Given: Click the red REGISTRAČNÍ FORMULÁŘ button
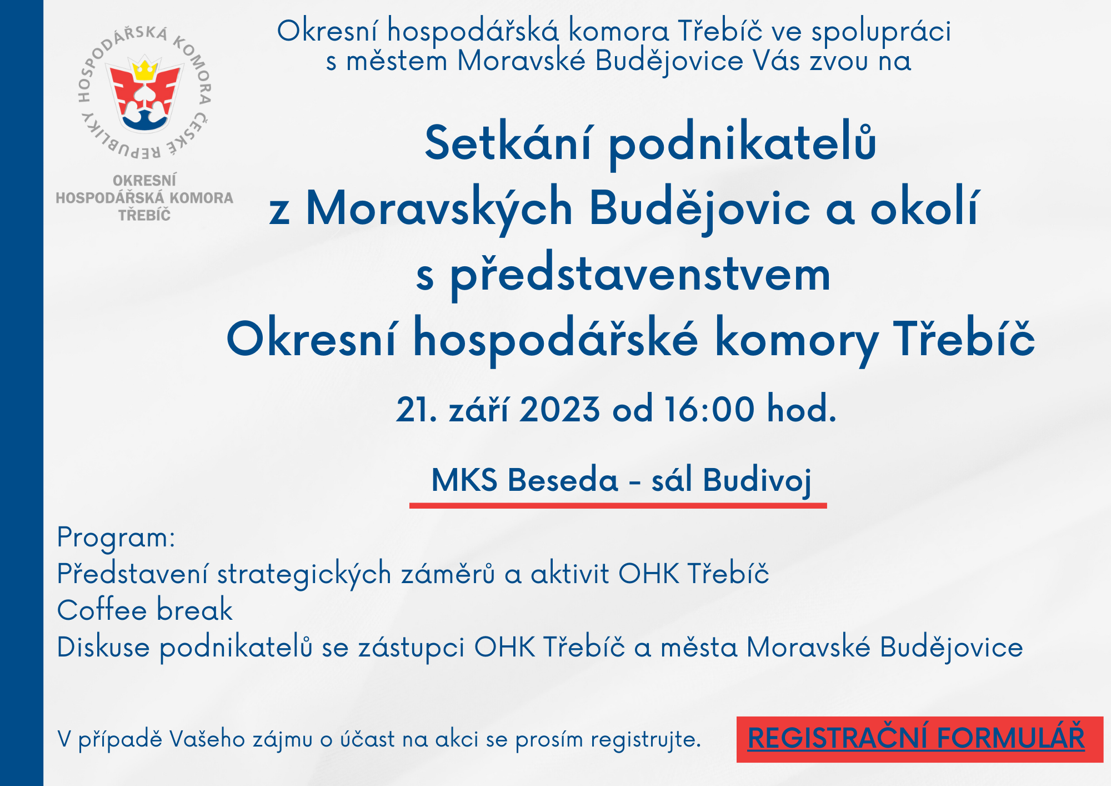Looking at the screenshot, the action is coord(919,739).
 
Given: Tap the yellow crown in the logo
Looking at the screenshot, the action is coord(145,71).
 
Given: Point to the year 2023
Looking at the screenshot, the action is coord(560,410).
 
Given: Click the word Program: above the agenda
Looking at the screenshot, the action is coord(116,538).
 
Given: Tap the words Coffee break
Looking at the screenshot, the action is coord(145,610).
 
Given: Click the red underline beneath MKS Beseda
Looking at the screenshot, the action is coord(618,506).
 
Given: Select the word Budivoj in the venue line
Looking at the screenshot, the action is coord(757,480).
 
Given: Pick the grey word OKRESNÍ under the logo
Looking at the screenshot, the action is coord(144,181).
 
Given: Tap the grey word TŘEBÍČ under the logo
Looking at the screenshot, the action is coord(144,215).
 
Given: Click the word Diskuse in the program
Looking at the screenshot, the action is coord(103,647).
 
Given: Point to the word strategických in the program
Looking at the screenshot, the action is coord(304,574).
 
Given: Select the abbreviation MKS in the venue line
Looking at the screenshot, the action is coord(464,480).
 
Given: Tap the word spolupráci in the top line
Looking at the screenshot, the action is coord(881,32).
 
